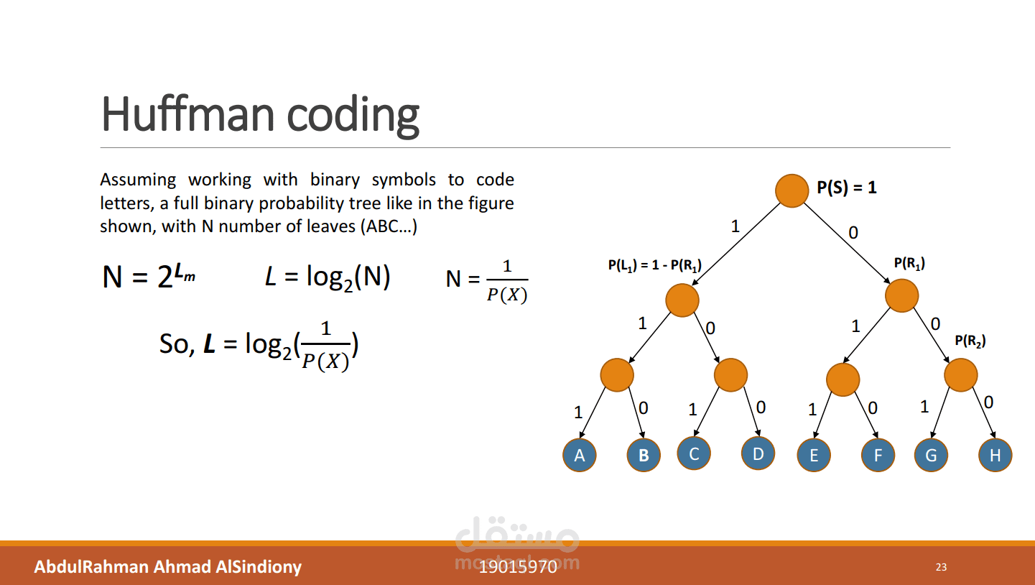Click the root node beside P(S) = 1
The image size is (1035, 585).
coord(792,190)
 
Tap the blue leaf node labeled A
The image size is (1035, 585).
coord(580,455)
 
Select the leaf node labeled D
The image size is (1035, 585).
coord(758,453)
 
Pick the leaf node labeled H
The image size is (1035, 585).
coord(995,455)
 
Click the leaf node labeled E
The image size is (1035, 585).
coord(814,455)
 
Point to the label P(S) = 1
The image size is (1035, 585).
coord(847,188)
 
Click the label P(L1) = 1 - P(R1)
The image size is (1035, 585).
coord(655,265)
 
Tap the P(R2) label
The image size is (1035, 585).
coord(970,341)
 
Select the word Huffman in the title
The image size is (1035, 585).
coord(187,114)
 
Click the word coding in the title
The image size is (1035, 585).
coord(353,116)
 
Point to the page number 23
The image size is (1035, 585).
coord(941,567)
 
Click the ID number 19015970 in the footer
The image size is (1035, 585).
coord(518,567)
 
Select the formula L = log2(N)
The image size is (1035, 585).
coord(328,277)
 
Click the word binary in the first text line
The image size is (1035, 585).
coord(335,180)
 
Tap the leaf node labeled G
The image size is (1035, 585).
coord(931,455)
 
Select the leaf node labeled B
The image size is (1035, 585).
coord(644,455)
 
